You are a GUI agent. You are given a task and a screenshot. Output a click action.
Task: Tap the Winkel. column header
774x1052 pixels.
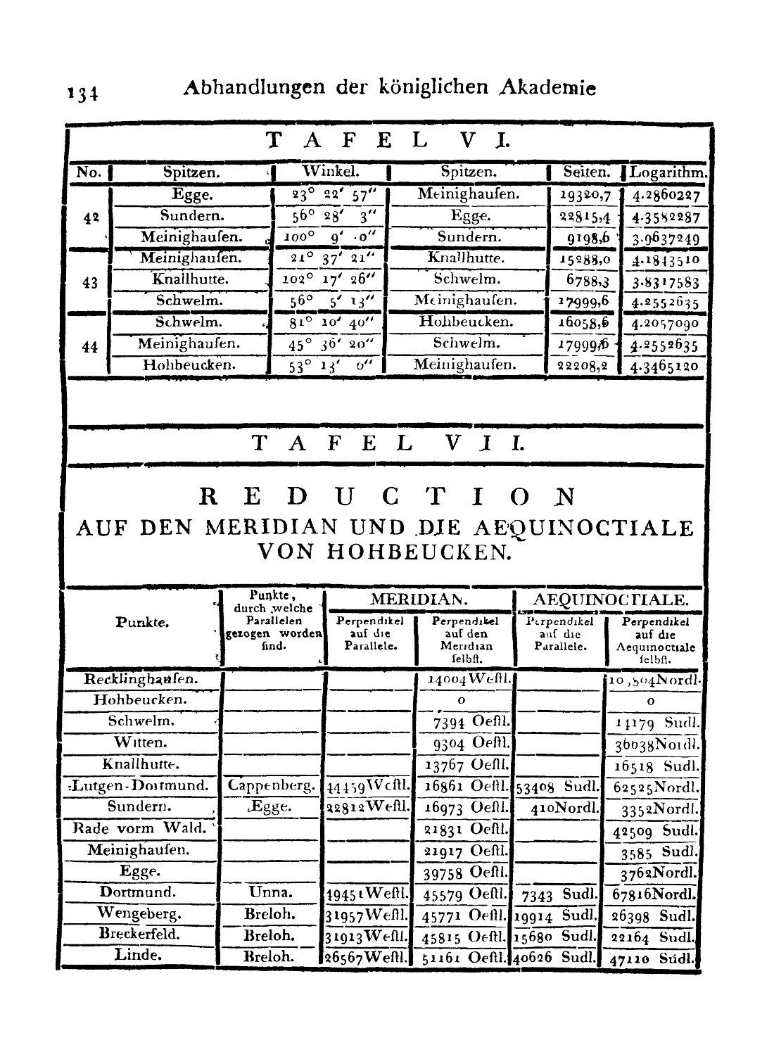tap(330, 172)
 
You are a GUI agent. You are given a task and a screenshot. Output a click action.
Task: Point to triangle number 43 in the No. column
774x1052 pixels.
tap(89, 283)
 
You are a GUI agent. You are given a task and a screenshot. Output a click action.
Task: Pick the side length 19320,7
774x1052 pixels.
tap(583, 196)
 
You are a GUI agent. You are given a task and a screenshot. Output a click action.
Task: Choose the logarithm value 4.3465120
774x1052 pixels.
tap(665, 367)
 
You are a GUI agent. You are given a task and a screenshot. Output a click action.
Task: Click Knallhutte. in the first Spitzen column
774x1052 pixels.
tap(191, 279)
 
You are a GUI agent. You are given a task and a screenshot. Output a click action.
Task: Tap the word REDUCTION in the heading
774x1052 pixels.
tap(388, 498)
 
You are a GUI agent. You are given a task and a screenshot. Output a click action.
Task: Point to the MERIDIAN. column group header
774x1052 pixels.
tap(419, 600)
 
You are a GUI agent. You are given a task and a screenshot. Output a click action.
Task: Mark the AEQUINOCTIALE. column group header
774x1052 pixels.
tap(610, 600)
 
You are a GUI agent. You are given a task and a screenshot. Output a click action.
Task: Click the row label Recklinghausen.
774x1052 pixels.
tap(141, 680)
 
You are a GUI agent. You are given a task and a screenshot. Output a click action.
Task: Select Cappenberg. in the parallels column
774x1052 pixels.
tap(272, 785)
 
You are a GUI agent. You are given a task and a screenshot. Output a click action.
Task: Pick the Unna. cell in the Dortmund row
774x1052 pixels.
tap(271, 892)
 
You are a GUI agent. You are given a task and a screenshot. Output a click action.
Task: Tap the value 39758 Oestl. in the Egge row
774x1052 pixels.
tap(465, 873)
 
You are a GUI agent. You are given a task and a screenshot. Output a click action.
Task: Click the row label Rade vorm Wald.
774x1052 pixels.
tap(140, 828)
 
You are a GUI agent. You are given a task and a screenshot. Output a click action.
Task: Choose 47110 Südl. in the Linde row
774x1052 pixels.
tap(652, 958)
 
